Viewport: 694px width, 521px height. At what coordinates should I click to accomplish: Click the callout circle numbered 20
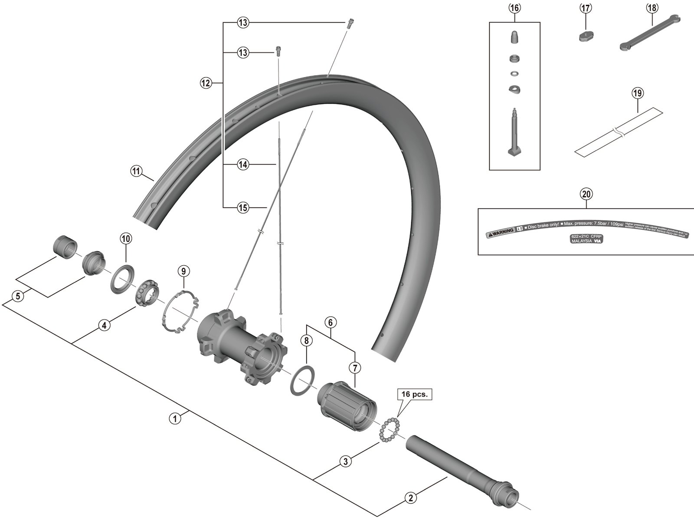(586, 195)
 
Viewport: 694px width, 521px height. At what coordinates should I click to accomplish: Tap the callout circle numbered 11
(136, 171)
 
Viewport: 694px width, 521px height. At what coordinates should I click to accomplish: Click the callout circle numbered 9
(183, 272)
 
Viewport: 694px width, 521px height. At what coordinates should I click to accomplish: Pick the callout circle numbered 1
(175, 419)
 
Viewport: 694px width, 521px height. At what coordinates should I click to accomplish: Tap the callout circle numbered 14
(243, 165)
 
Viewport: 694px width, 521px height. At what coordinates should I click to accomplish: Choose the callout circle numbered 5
(17, 297)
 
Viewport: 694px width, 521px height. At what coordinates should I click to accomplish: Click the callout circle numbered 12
(206, 82)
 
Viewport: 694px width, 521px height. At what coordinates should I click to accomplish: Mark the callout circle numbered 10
(126, 238)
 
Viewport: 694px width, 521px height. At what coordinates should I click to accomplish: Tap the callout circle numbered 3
(345, 462)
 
